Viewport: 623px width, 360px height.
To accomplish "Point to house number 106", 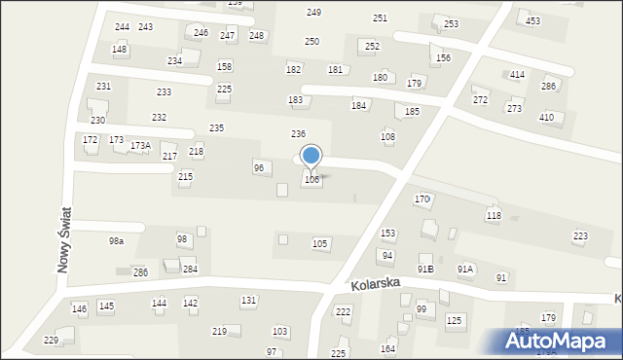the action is pos(311,180).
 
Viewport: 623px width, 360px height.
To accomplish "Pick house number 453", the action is pos(532,20).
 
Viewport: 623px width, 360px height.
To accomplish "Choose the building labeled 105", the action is pos(319,243).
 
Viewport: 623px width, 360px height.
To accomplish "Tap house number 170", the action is pos(421,199).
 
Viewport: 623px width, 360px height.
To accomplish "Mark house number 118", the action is pos(494,215).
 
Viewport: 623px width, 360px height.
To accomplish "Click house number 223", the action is pos(580,236).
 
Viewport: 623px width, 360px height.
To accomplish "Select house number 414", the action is pos(517,75).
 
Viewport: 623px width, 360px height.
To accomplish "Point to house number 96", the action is pos(259,167).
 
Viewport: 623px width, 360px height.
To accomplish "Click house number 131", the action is pos(249,301).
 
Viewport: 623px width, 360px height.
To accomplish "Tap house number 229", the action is pos(52,340).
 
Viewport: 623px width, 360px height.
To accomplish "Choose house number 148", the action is pos(119,49).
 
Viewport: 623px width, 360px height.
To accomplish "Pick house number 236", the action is pos(299,133).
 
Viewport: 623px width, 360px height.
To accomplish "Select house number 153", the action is pos(387,234).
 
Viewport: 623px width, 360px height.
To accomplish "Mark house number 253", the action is pos(451,23).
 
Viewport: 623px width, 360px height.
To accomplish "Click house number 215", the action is pos(185,176).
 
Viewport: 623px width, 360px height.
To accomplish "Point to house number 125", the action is pos(454,320).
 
